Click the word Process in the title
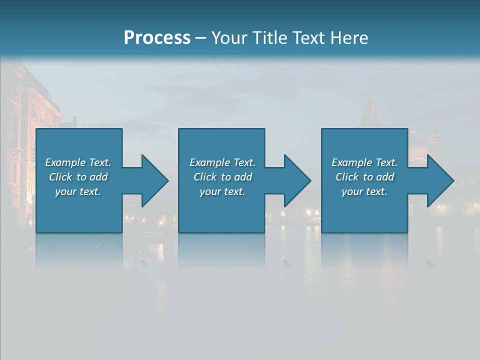(157, 38)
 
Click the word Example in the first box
(65, 162)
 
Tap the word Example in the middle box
(209, 162)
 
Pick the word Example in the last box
(351, 162)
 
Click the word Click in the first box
(60, 177)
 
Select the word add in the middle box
(243, 177)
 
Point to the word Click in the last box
(347, 177)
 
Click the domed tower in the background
(370, 110)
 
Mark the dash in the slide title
(200, 38)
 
